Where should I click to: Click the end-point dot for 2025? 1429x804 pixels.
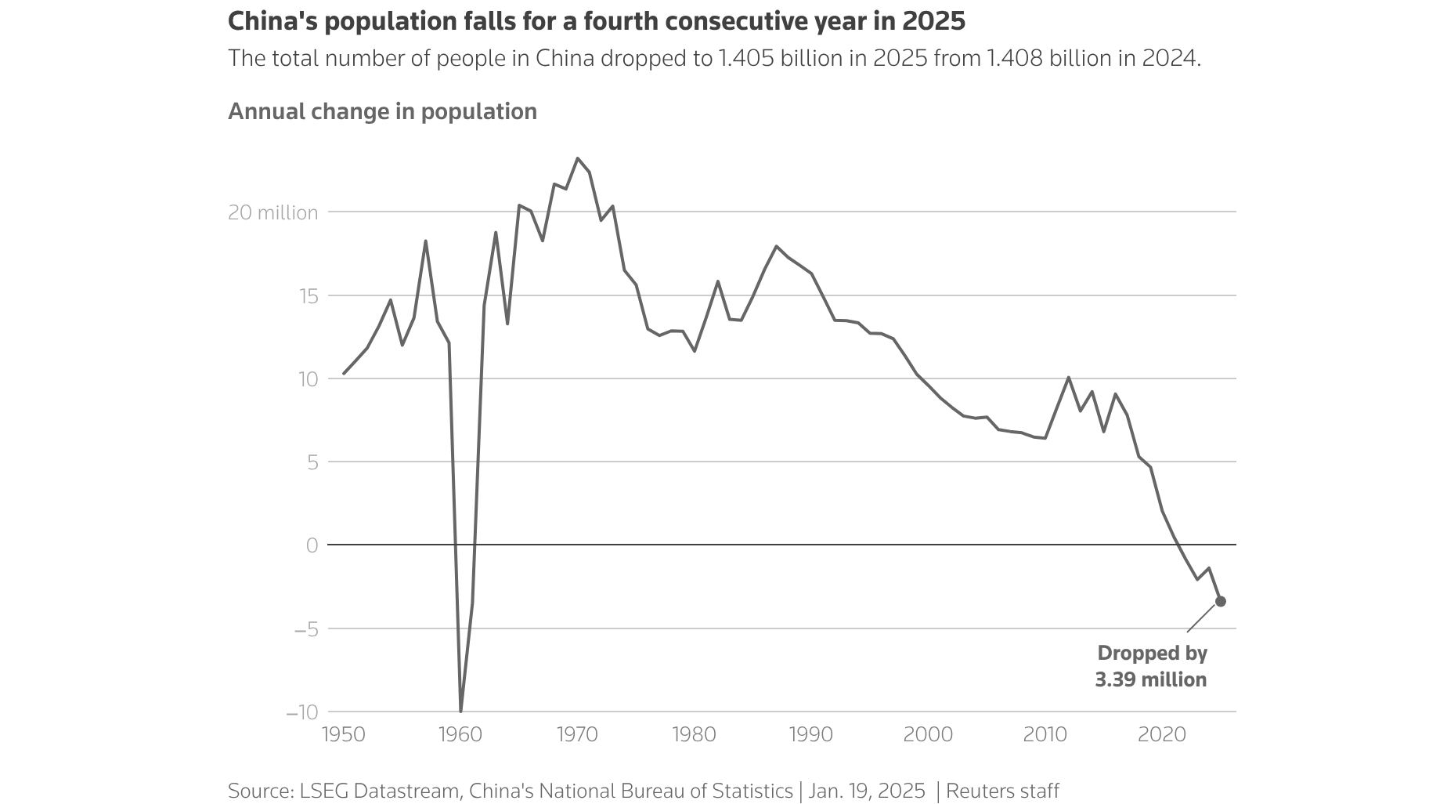pyautogui.click(x=1220, y=601)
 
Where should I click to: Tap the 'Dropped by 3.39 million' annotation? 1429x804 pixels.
pyautogui.click(x=1151, y=666)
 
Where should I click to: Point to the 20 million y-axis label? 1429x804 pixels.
pyautogui.click(x=272, y=212)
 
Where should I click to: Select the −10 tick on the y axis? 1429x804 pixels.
pyautogui.click(x=301, y=712)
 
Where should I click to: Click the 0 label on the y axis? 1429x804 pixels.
pyautogui.click(x=312, y=545)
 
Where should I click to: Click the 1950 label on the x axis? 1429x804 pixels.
pyautogui.click(x=344, y=735)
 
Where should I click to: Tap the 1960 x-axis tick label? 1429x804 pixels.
pyautogui.click(x=460, y=735)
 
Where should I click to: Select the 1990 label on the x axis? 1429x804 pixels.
pyautogui.click(x=811, y=735)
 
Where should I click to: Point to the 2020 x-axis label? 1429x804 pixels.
pyautogui.click(x=1162, y=735)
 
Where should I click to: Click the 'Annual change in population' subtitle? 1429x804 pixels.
pyautogui.click(x=382, y=111)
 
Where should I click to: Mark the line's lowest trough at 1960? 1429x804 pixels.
pyautogui.click(x=460, y=711)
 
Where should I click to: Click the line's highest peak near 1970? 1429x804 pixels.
pyautogui.click(x=577, y=158)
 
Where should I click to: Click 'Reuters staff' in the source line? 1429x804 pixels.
pyautogui.click(x=1002, y=791)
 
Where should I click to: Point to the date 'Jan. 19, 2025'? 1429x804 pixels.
pyautogui.click(x=867, y=791)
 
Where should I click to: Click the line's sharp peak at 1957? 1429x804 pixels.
pyautogui.click(x=425, y=241)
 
